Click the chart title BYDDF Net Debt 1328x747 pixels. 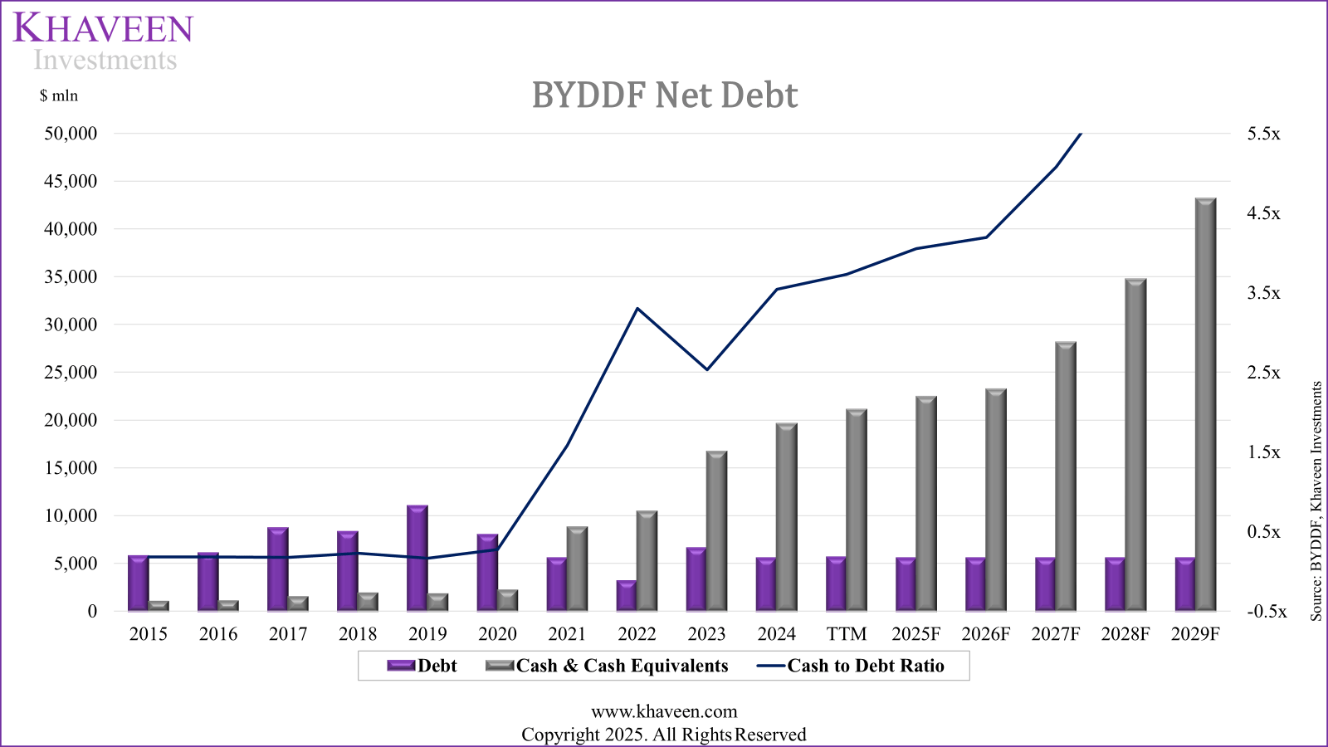click(x=664, y=95)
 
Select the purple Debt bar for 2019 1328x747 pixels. click(x=417, y=558)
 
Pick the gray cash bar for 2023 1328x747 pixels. click(x=717, y=531)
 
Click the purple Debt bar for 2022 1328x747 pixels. click(x=627, y=595)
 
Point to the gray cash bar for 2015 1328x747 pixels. click(x=159, y=606)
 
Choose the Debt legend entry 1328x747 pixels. click(x=422, y=666)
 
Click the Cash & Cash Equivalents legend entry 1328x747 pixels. click(x=608, y=666)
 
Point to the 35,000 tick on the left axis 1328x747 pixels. click(x=71, y=277)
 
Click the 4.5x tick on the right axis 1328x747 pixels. click(x=1263, y=213)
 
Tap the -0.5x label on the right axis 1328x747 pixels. click(x=1266, y=612)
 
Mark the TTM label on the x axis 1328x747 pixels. click(x=847, y=634)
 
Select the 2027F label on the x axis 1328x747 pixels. click(x=1056, y=634)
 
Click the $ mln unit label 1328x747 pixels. click(x=59, y=96)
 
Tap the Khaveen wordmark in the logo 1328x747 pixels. click(x=103, y=28)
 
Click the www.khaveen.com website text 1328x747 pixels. click(x=664, y=711)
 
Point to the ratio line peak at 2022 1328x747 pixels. click(x=637, y=309)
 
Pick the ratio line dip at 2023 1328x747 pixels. click(x=707, y=369)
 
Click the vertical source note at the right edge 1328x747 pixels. click(x=1316, y=501)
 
